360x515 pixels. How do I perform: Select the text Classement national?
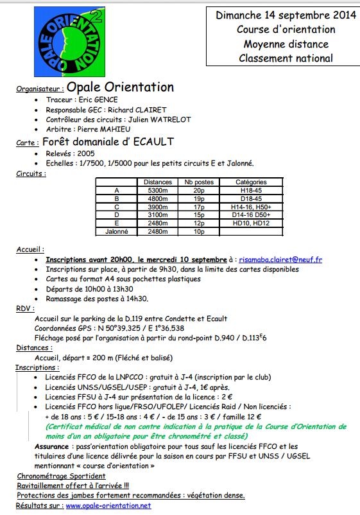[286, 58]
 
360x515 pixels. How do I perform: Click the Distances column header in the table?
[157, 182]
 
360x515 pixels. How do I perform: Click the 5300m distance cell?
[157, 191]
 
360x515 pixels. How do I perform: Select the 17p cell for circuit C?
[199, 207]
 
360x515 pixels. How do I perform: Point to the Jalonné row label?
[116, 231]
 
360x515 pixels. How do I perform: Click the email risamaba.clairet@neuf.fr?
[280, 259]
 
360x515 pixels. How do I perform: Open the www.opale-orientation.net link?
[108, 505]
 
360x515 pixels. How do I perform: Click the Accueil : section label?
[30, 249]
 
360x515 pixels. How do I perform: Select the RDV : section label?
[26, 308]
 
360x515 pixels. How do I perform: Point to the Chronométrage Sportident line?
[62, 476]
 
